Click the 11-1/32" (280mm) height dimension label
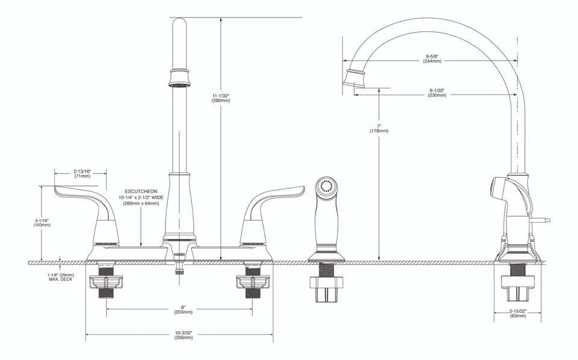pos(220,98)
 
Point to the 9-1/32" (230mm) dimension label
pos(437,92)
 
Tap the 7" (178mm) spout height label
pos(379,128)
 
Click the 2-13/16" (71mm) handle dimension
pos(82,173)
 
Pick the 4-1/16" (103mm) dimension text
pos(42,222)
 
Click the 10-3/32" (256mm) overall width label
pos(184,335)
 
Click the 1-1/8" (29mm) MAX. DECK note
pos(60,277)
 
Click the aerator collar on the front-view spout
pos(179,78)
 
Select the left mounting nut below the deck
pos(105,281)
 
